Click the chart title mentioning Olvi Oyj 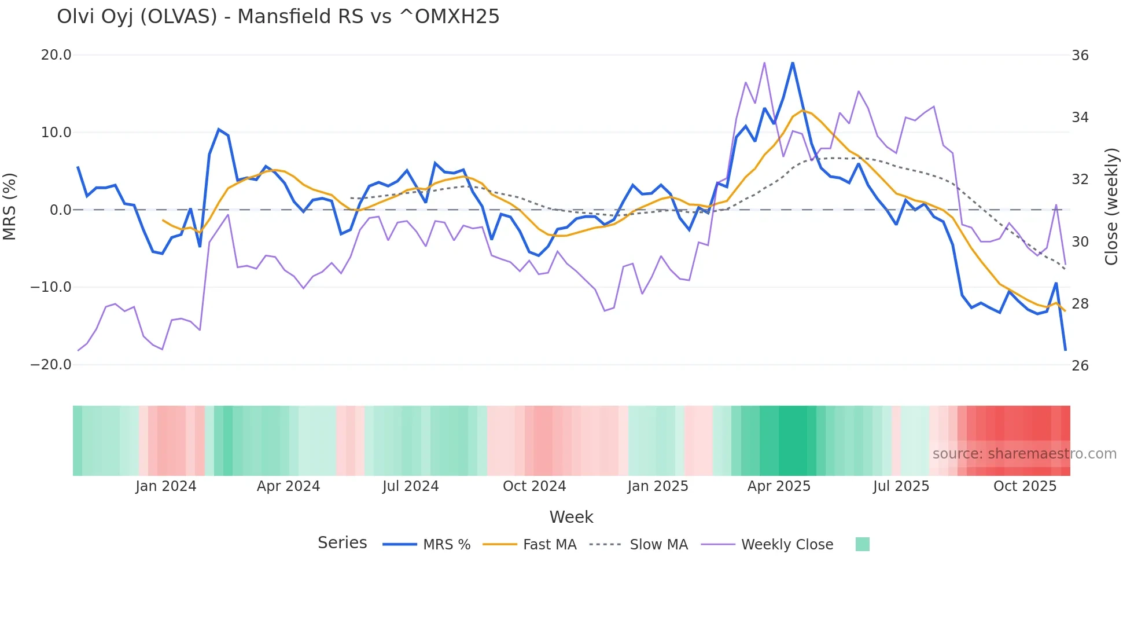tap(278, 17)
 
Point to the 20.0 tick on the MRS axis tap(56, 55)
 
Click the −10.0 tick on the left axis tap(51, 287)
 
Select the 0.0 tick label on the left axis tap(60, 210)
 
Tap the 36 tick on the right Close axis tap(1080, 56)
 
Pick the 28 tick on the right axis tap(1080, 304)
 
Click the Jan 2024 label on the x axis tap(166, 486)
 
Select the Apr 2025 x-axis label tap(779, 486)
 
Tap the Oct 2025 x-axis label tap(1025, 486)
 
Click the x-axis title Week tap(571, 517)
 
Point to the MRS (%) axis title tap(10, 207)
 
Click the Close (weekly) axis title tap(1111, 207)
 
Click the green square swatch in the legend tap(862, 544)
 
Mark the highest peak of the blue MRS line tap(793, 63)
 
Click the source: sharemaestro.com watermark tap(1024, 454)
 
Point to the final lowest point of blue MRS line tap(1065, 350)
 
